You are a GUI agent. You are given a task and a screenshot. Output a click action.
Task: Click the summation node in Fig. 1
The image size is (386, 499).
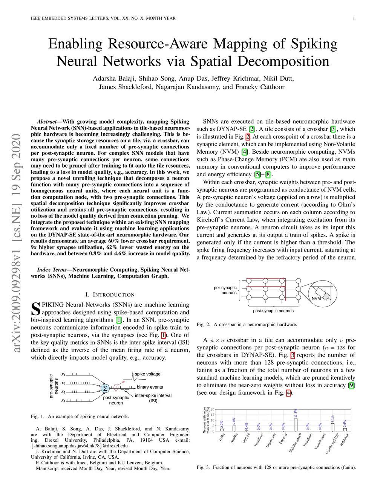coord(105,388)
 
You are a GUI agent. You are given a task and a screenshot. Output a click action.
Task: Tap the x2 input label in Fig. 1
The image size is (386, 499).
coord(63,383)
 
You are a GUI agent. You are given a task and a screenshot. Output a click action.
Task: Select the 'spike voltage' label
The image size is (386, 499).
coord(148,374)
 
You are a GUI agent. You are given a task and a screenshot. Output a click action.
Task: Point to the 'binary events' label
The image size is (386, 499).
coord(150,387)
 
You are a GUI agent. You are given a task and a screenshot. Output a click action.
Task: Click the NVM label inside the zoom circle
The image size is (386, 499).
coord(316,298)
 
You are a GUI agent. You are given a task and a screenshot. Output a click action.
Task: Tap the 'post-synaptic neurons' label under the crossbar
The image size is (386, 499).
coord(273,311)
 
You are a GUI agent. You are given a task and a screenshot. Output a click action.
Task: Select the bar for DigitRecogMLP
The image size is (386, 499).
coord(296,425)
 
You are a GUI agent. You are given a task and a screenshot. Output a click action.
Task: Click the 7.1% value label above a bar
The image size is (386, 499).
coord(332,419)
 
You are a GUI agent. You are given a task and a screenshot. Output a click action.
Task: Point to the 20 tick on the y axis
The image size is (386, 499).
coord(213,409)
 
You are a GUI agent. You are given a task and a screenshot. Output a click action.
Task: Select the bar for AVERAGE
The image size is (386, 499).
coord(345,430)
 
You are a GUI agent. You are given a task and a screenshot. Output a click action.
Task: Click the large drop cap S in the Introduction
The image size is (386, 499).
coord(35,309)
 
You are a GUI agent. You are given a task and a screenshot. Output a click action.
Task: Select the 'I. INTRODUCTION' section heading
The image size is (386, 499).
coord(110,295)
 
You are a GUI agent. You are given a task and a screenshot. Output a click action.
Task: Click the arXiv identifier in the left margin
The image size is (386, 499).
coord(16,243)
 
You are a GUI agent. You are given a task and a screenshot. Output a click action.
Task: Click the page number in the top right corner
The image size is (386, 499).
coord(354,18)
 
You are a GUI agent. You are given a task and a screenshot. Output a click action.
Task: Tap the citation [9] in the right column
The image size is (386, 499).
coord(351,385)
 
